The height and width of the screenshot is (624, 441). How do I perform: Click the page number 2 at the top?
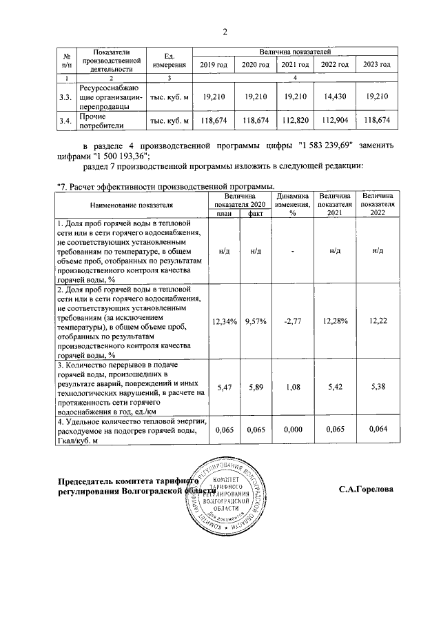[x=225, y=31]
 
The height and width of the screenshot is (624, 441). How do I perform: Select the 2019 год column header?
[x=214, y=64]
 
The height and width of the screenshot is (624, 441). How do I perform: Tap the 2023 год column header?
[x=377, y=64]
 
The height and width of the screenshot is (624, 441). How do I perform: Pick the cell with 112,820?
[x=295, y=120]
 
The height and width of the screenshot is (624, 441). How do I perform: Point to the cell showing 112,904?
[x=335, y=120]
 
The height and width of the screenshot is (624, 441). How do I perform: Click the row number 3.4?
[x=65, y=121]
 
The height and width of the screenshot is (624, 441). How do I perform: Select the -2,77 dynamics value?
[x=293, y=321]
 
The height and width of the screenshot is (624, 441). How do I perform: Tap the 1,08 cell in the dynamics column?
[x=293, y=388]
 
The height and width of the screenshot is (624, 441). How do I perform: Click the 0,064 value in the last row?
[x=377, y=430]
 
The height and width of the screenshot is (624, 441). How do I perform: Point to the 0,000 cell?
[x=293, y=430]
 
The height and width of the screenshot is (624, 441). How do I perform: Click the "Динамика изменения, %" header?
[x=293, y=205]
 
